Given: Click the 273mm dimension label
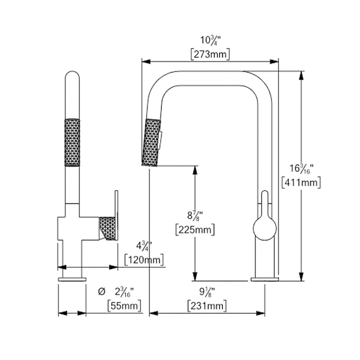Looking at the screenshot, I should [x=210, y=55].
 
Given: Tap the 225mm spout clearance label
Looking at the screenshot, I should [x=194, y=229].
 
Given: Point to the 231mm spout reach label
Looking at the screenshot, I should [x=207, y=306].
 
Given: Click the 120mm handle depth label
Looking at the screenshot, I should [x=144, y=260].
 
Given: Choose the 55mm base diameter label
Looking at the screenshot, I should [x=125, y=306].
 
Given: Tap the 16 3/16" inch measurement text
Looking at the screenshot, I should [x=300, y=168].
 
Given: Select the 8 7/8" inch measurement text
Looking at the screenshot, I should [x=194, y=215].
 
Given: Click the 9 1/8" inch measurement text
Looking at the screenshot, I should [x=206, y=292].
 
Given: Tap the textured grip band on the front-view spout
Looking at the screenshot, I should [x=72, y=142].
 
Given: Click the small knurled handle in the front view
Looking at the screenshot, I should [x=107, y=228].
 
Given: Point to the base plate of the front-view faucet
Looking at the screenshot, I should [x=72, y=279].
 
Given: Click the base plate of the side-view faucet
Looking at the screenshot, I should [x=265, y=279].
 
